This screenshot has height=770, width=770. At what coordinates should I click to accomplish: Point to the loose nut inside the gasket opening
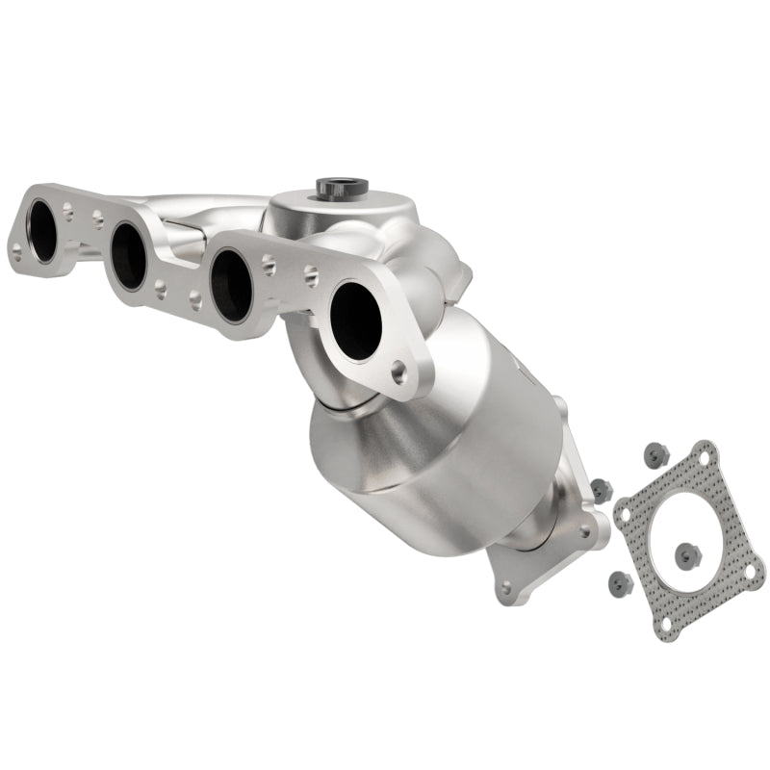tap(686, 554)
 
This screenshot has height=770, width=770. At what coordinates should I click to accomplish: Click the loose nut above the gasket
tap(657, 451)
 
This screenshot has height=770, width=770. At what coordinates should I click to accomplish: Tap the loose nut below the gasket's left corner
tap(616, 581)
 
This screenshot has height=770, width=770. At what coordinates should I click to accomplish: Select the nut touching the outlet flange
tap(602, 489)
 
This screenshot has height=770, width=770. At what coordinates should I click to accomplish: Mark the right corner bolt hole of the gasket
tap(750, 572)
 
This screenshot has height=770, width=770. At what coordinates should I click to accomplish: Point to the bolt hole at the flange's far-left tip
tap(17, 253)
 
